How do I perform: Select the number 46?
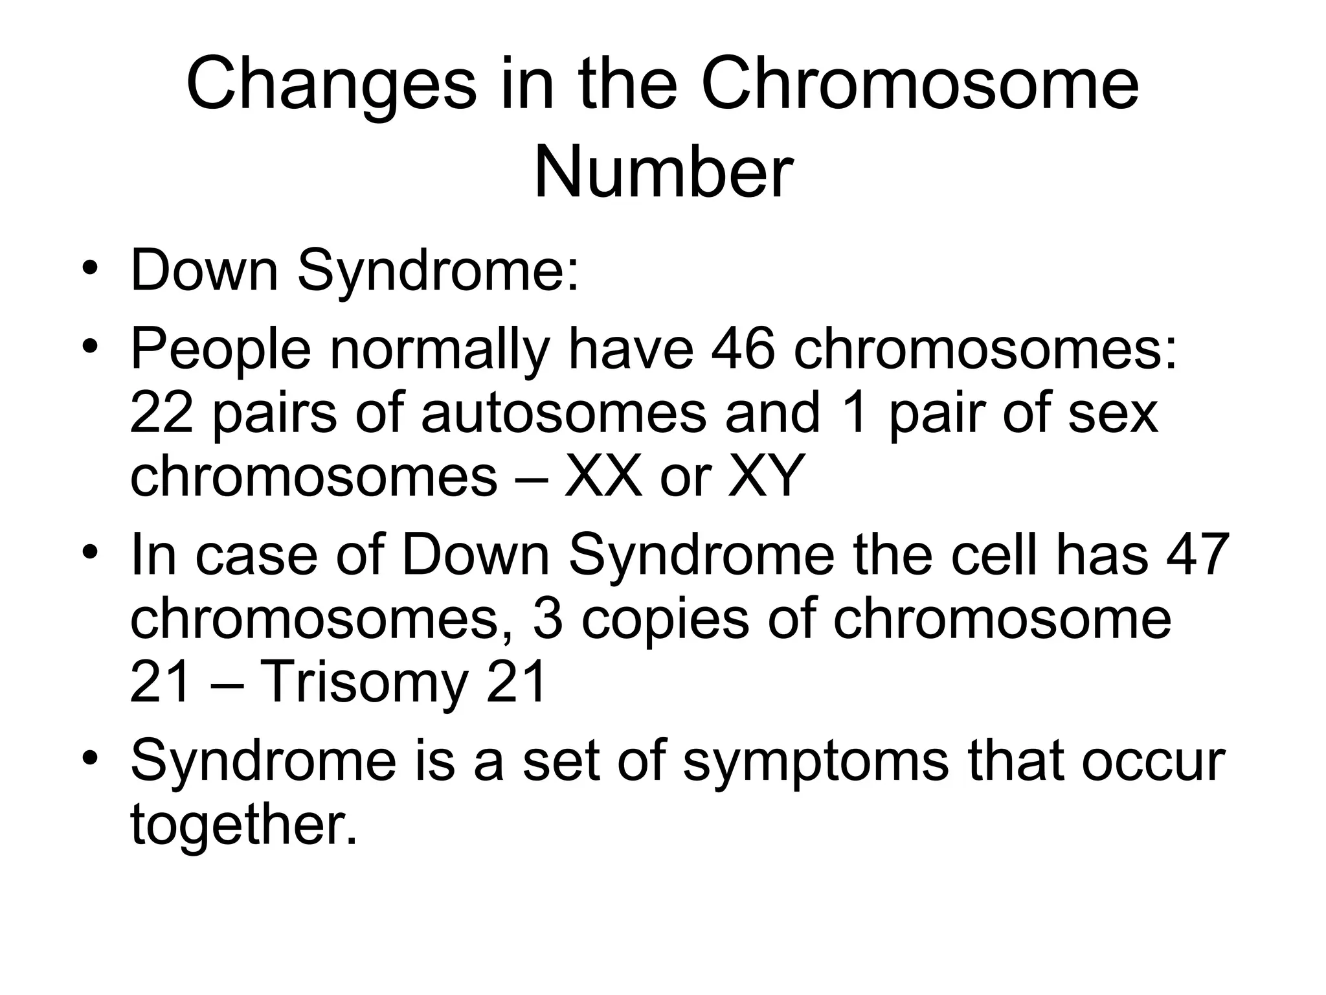(743, 350)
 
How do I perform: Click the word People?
(221, 350)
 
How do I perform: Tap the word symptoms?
(815, 761)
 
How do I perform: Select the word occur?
(1153, 761)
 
